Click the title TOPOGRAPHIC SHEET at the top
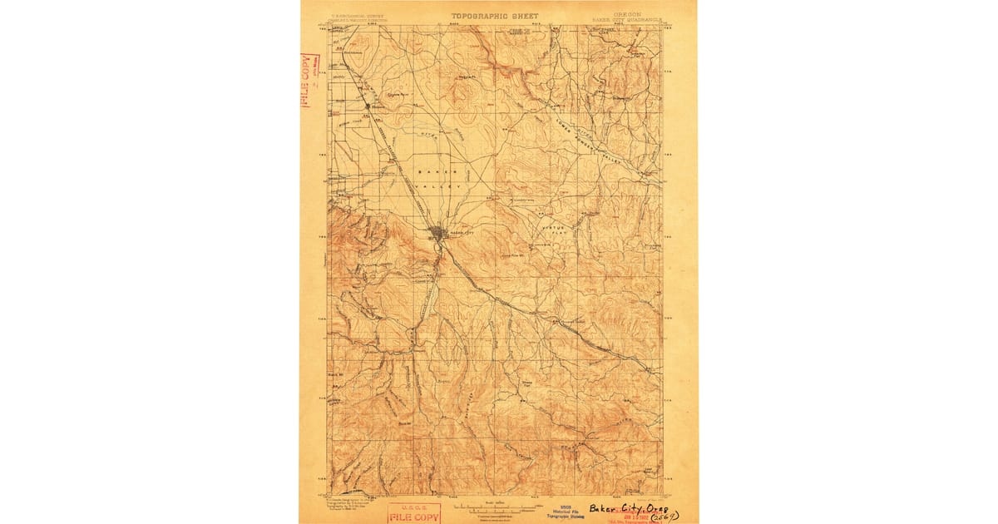[495, 16]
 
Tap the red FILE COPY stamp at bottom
[414, 512]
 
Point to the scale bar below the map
[496, 507]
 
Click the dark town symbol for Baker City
[438, 234]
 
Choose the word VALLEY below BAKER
[444, 187]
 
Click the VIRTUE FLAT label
[552, 231]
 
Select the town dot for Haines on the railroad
[369, 106]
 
